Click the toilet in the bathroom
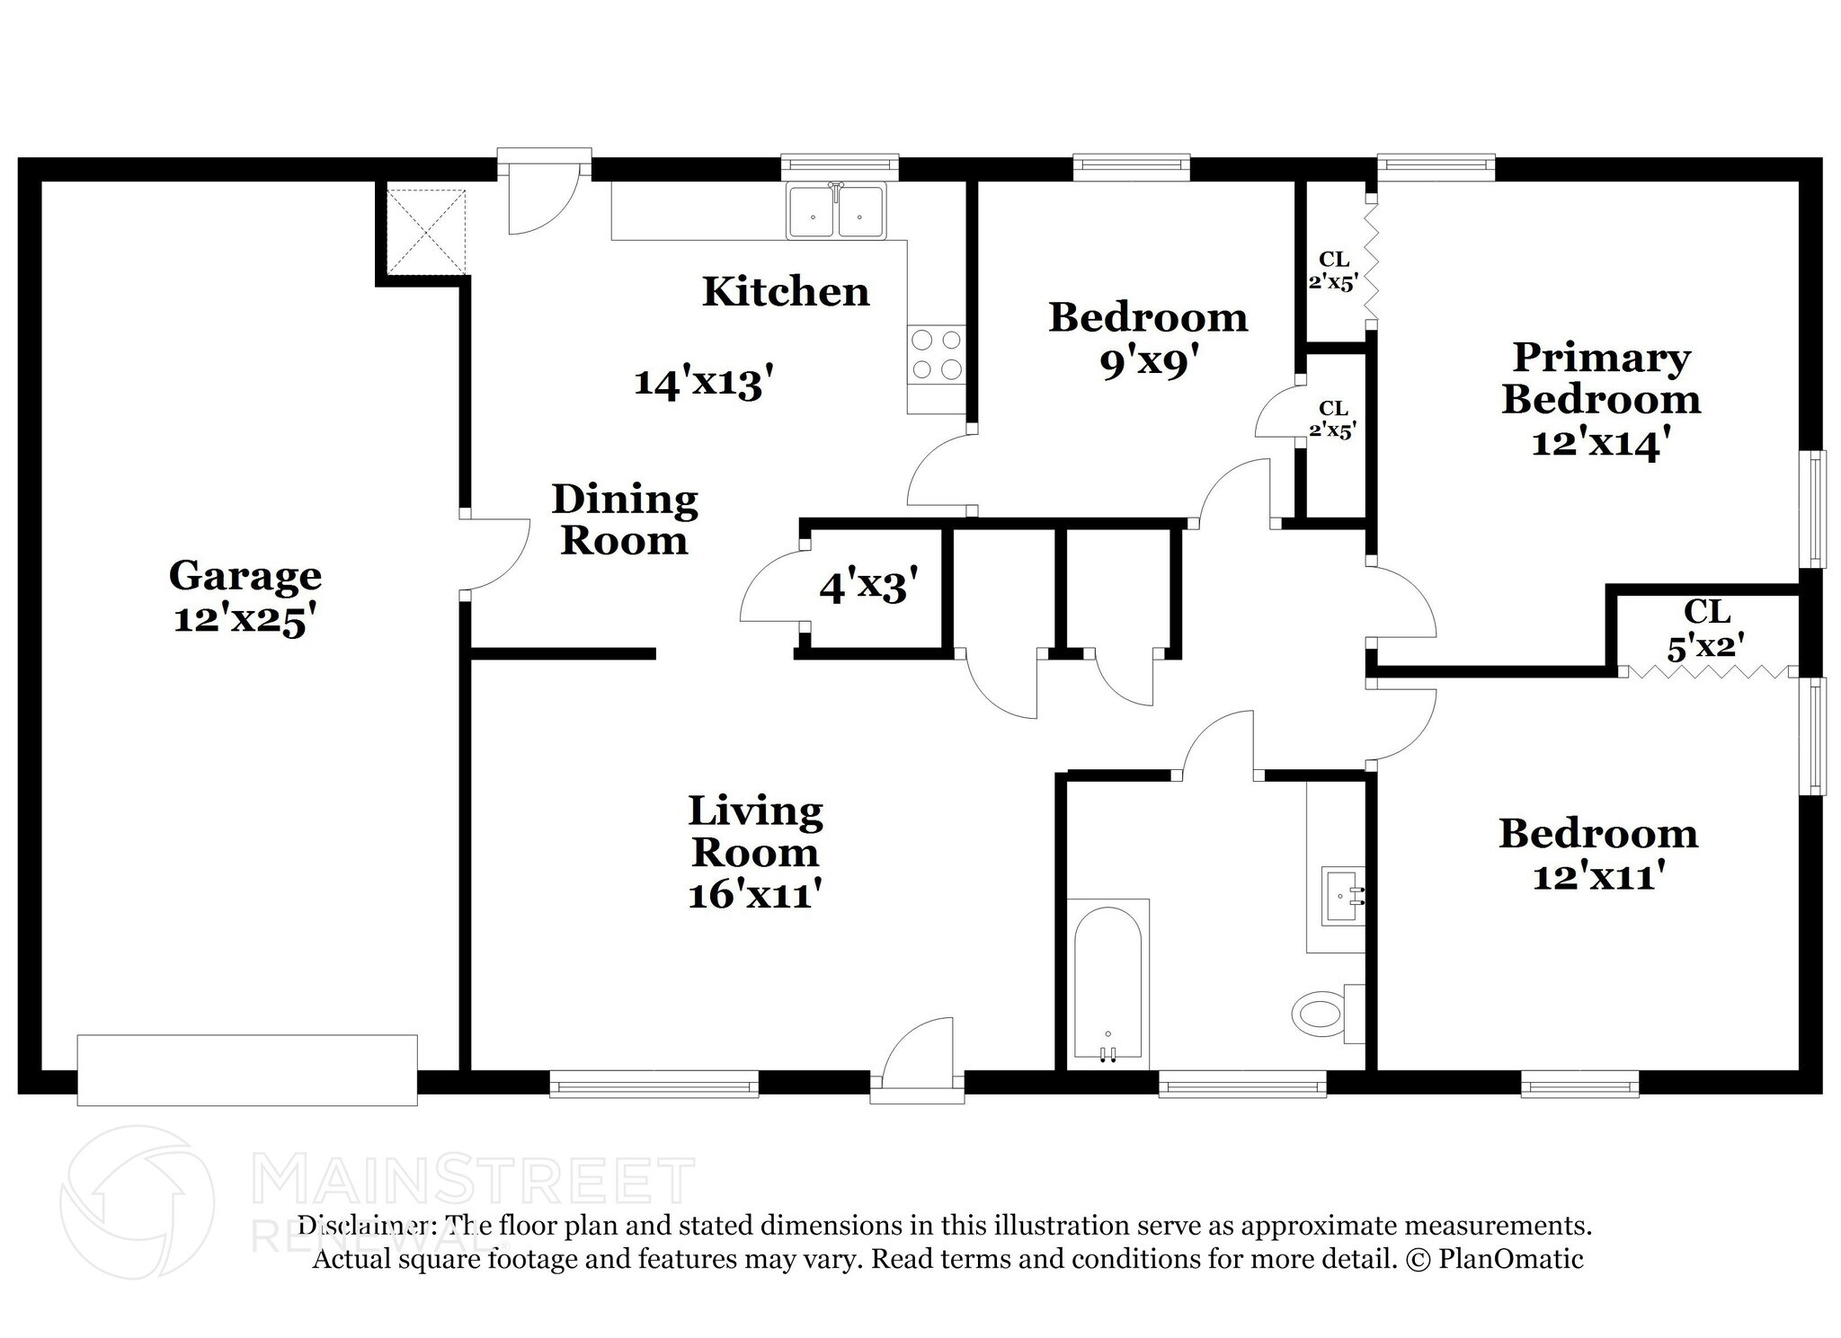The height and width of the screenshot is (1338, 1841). (x=1328, y=1014)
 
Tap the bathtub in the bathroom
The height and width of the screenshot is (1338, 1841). (x=1107, y=984)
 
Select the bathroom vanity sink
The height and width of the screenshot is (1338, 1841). (x=1343, y=896)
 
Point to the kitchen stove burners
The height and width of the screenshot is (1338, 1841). (x=936, y=354)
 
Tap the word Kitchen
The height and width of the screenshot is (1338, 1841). (x=786, y=291)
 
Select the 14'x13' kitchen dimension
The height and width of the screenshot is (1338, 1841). (x=704, y=383)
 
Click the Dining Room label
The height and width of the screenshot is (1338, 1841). (x=625, y=519)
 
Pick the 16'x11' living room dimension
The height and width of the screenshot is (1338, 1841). (x=756, y=894)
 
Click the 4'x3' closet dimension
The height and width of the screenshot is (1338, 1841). (x=868, y=586)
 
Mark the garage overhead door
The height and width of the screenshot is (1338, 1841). (x=247, y=1069)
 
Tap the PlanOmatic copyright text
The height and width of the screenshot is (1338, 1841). (x=1492, y=1259)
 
